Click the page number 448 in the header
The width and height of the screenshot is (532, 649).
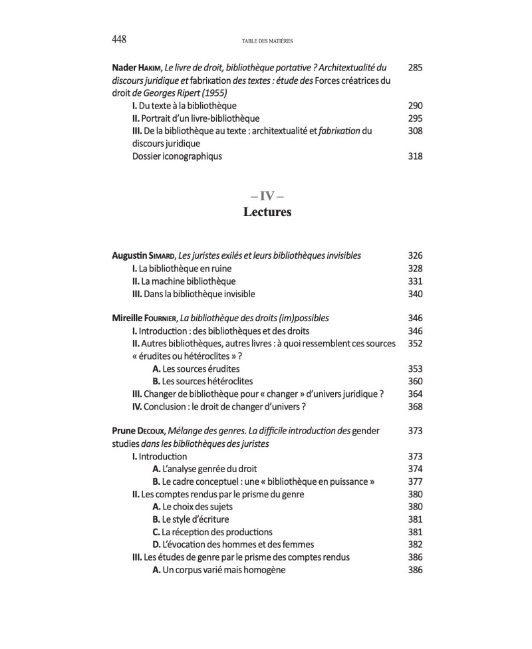pyautogui.click(x=120, y=39)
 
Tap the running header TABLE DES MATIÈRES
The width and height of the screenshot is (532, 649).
pyautogui.click(x=266, y=40)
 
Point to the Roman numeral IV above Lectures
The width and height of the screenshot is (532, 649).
pyautogui.click(x=266, y=196)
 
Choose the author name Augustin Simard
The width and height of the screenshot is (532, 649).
pyautogui.click(x=145, y=255)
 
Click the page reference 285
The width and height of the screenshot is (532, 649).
pyautogui.click(x=415, y=68)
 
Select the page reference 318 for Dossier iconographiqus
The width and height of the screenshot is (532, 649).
pyautogui.click(x=415, y=157)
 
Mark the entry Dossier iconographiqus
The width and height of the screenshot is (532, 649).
pyautogui.click(x=178, y=157)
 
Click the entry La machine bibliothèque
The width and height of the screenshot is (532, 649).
pyautogui.click(x=184, y=281)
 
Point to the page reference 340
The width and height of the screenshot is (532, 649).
pyautogui.click(x=415, y=293)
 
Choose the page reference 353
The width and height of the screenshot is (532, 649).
pyautogui.click(x=415, y=368)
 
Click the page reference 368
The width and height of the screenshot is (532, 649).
pyautogui.click(x=415, y=406)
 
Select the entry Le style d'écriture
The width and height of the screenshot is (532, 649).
pyautogui.click(x=192, y=519)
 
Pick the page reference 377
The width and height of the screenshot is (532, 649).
pyautogui.click(x=415, y=481)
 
